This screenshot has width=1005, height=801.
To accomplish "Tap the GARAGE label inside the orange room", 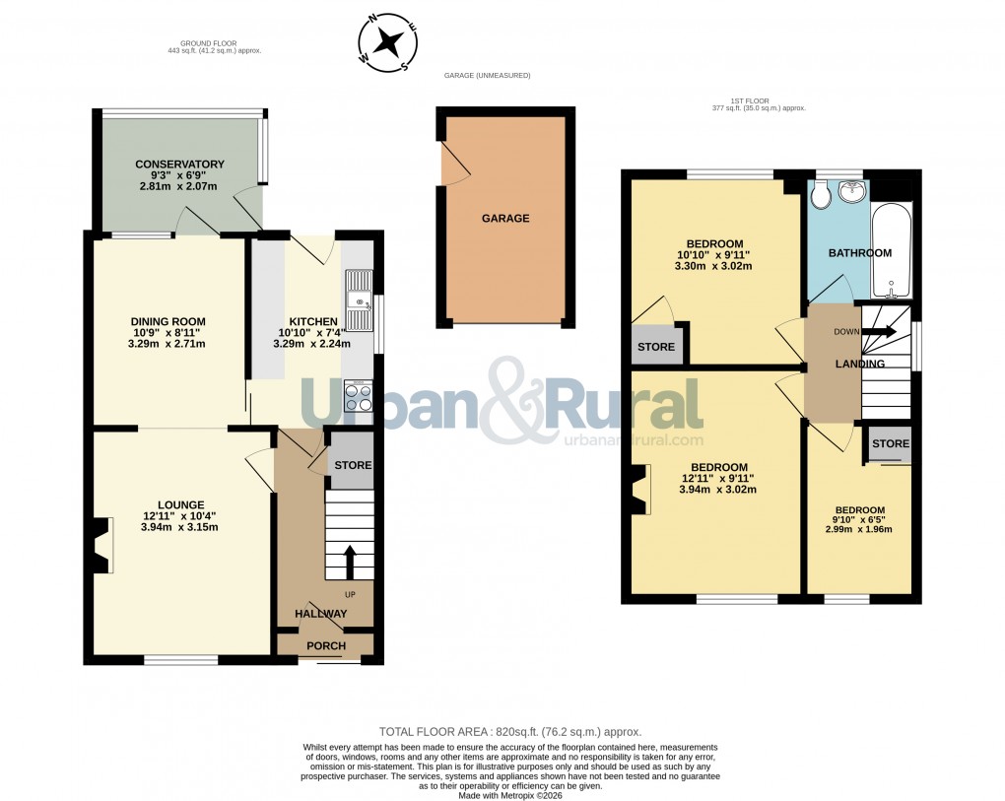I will pos(505,219).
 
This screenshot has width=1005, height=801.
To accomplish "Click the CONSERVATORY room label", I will pos(179,165).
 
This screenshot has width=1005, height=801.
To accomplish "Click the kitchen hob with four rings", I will pos(359,396).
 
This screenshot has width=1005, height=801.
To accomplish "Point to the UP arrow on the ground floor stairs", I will pos(349,563).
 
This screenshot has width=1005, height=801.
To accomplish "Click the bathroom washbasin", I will pos(850,190).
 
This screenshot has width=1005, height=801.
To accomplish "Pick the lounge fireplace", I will pos(101,546).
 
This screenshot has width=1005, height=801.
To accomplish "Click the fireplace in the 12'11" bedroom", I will pos(641,489).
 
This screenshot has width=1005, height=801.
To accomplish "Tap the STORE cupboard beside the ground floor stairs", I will pos(352,465).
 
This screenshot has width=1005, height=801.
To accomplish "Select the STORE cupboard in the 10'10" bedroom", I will pos(656,347).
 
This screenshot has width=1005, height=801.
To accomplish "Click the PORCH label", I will pos(326,646).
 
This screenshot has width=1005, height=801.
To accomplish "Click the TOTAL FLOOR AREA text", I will pos(510,732).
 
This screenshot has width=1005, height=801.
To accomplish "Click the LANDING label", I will pos(860,365).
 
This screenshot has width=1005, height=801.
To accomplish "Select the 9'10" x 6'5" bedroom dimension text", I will pos(858,523).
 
